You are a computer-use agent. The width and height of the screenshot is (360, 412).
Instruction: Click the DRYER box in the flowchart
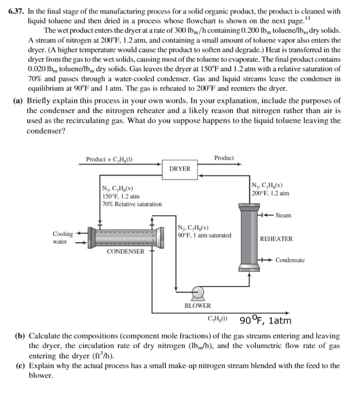coord(180,169)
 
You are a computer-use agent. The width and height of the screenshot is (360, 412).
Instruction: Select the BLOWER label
coord(197,306)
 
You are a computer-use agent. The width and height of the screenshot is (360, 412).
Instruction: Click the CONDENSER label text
coord(125,251)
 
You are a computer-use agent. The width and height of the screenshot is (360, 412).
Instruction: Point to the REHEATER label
coord(276,239)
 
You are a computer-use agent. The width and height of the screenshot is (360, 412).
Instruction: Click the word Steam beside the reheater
coord(284,216)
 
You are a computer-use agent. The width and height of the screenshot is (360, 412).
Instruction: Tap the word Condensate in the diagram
coord(290,260)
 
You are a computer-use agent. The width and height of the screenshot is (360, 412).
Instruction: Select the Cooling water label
coord(63,238)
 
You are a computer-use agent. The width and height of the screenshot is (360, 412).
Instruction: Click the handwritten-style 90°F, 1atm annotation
coord(265,321)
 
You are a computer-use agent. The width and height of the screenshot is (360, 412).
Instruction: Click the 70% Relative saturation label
coord(132,204)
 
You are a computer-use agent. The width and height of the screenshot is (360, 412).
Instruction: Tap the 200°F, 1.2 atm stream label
coord(270,193)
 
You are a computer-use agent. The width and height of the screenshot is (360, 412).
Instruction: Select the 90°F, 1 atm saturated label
coord(204,235)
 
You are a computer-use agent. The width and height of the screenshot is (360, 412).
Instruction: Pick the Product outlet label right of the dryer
coord(224,158)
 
